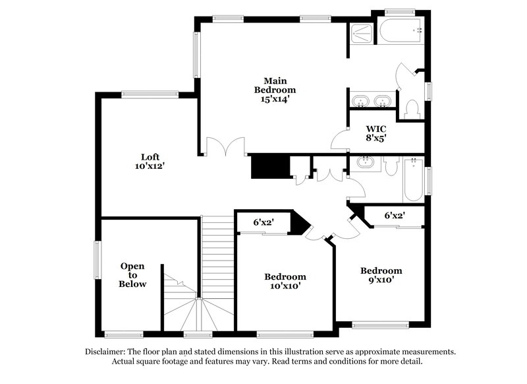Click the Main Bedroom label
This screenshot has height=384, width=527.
coord(275,85)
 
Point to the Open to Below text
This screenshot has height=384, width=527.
coord(132,274)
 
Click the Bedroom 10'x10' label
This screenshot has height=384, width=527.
coord(285,281)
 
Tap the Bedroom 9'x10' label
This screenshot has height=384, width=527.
coord(381,275)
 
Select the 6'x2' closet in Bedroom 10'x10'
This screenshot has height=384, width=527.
coord(264,223)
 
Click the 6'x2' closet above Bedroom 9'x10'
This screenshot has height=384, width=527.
coord(395,215)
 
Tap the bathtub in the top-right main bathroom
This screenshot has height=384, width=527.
coord(400,30)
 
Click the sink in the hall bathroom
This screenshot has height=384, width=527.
coord(364,162)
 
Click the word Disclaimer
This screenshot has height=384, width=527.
coord(107,352)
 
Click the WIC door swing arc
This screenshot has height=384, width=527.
coord(341,140)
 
